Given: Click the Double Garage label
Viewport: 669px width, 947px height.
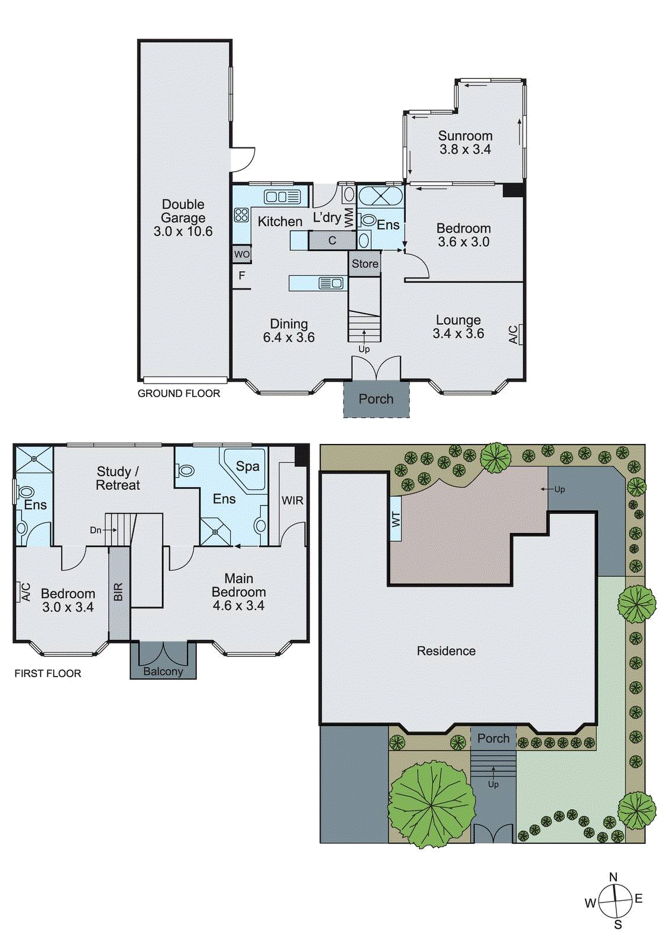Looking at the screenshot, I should [x=183, y=218].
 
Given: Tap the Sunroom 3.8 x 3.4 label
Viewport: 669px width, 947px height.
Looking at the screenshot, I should [x=465, y=143].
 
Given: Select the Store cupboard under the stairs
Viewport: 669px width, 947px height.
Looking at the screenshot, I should [x=364, y=264].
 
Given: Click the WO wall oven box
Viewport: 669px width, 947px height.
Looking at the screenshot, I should [x=241, y=255].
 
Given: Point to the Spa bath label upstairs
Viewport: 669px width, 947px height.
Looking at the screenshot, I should [x=247, y=466].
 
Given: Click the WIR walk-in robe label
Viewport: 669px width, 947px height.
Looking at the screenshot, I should [x=292, y=501].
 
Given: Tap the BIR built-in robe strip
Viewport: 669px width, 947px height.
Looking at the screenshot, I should [x=118, y=592].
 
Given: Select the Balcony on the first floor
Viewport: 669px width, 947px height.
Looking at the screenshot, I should [x=163, y=671].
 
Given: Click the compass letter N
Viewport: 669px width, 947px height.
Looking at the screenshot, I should [x=613, y=877].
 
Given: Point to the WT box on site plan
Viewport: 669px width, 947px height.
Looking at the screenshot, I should [x=396, y=519].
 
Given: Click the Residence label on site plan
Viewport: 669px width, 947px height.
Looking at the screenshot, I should [x=446, y=651].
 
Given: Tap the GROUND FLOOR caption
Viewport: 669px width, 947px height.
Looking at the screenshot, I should [x=179, y=394].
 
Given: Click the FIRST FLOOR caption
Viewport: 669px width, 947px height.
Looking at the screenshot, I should [x=48, y=674].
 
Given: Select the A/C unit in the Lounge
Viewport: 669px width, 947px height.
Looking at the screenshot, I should [x=515, y=334].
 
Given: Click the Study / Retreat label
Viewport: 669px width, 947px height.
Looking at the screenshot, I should [x=118, y=478].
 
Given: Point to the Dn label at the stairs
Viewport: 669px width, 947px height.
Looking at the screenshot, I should [x=95, y=530].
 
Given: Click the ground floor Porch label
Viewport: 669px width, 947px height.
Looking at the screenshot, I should [x=376, y=399].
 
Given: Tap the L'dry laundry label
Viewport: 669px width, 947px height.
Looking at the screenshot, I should [x=327, y=217].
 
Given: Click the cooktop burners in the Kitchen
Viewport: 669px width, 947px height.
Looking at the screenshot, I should [x=241, y=215].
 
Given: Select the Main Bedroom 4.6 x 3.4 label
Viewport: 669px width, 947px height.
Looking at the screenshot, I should [x=238, y=592].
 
